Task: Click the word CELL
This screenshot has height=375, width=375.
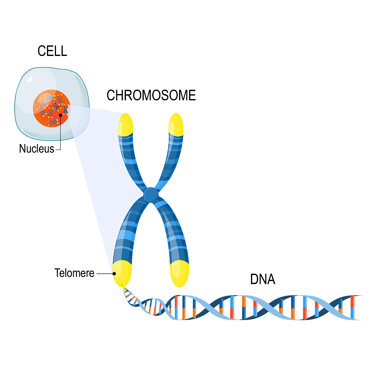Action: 52,51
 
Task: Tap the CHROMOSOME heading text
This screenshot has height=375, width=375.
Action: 151,95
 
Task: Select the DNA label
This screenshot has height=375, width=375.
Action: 262,279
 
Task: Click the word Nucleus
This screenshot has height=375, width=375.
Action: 37,149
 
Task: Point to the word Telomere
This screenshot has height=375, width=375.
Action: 74,273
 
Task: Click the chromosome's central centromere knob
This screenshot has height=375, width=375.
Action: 151,195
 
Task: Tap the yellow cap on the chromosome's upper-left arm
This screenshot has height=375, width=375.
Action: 125,125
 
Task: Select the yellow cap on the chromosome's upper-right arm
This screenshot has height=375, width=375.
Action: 176,125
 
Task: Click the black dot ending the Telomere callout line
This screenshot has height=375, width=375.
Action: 114,273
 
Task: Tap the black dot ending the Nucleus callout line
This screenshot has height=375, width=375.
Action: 60,115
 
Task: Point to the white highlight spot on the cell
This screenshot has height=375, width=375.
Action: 30,79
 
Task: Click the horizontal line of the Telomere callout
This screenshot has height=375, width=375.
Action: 105,273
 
